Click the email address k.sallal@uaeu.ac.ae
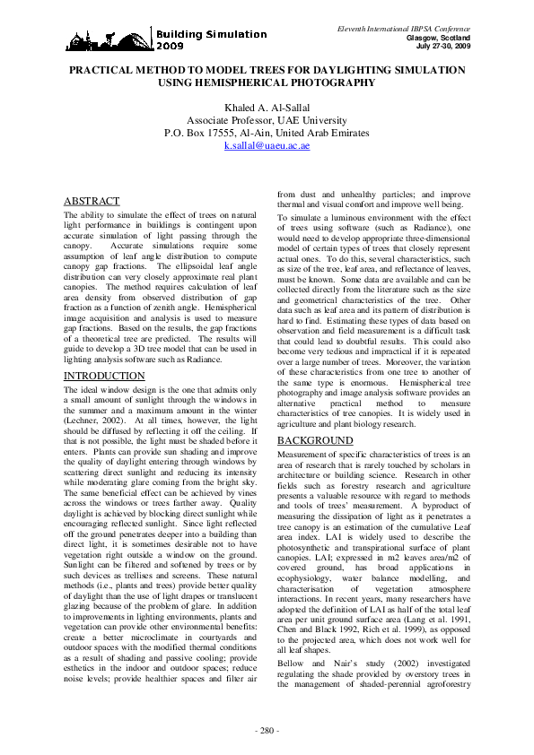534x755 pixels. [266, 144]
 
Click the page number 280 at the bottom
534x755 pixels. [267, 732]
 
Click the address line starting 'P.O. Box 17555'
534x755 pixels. [266, 132]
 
